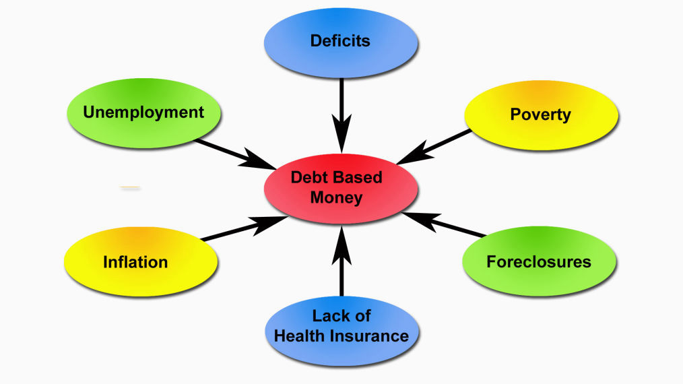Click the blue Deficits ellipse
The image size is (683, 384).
pyautogui.click(x=340, y=41)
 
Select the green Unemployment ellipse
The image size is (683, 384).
pyautogui.click(x=143, y=112)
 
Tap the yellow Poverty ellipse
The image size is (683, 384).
pyautogui.click(x=541, y=115)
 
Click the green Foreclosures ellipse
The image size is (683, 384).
pyautogui.click(x=539, y=261)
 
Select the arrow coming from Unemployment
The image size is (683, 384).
pyautogui.click(x=229, y=152)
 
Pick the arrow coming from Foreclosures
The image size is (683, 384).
pyautogui.click(x=448, y=225)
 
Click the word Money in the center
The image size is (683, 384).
pyautogui.click(x=337, y=198)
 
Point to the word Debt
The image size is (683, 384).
pyautogui.click(x=307, y=178)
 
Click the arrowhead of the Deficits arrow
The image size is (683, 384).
pyautogui.click(x=341, y=138)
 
